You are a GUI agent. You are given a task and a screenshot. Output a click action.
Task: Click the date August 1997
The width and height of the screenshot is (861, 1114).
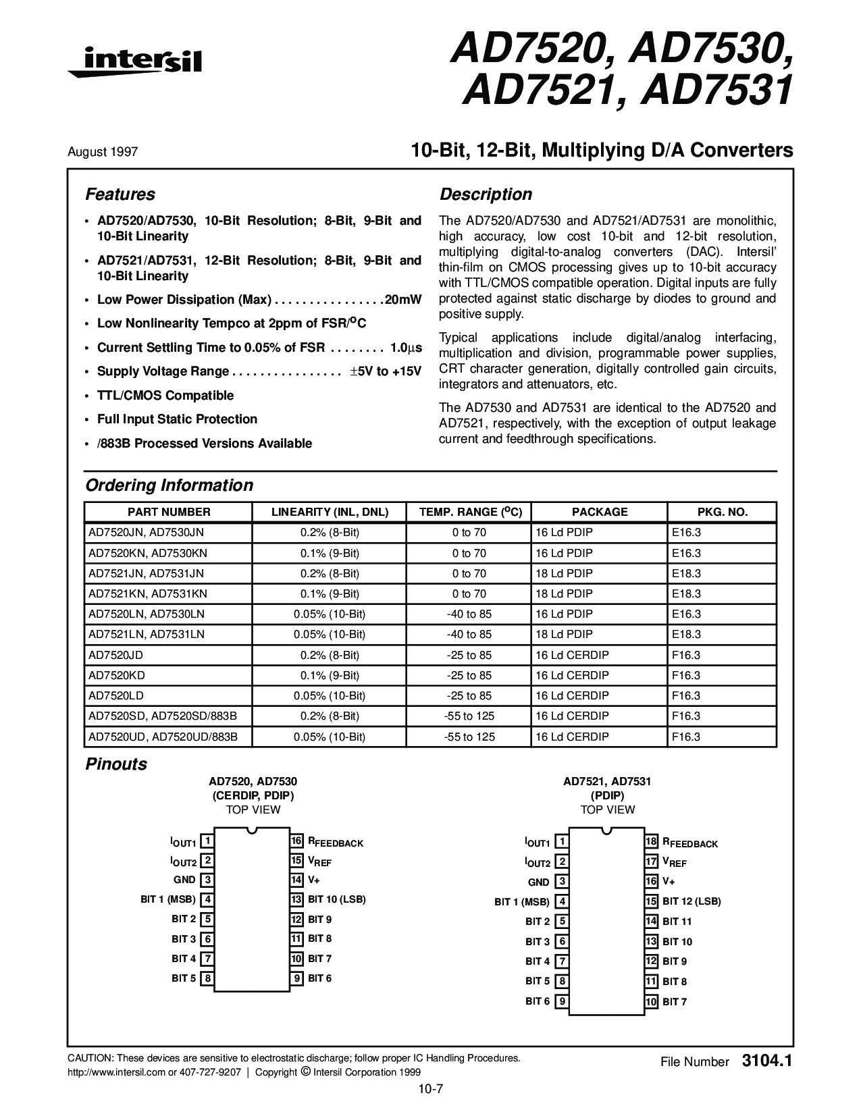(103, 152)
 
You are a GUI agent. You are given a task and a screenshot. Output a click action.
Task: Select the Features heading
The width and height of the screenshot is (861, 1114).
(120, 194)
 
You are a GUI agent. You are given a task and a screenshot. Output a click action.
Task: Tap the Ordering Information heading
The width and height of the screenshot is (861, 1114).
(169, 485)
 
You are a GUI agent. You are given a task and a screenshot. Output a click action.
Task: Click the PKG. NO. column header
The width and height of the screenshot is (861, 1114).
(722, 512)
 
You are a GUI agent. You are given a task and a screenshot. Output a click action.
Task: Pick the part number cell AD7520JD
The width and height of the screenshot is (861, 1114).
(115, 655)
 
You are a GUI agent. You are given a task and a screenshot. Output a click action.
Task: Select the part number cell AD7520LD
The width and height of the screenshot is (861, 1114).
(115, 695)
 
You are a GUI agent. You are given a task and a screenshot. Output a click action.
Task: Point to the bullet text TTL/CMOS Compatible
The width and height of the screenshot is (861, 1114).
(165, 395)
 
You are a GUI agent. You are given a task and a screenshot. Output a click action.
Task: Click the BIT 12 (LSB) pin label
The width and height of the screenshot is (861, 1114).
(692, 901)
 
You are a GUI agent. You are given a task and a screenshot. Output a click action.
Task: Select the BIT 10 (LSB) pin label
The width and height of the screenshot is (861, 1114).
(336, 899)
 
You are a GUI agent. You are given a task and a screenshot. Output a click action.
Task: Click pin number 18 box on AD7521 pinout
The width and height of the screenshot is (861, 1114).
(651, 842)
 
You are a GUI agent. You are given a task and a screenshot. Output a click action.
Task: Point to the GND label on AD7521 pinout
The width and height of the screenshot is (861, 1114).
(538, 882)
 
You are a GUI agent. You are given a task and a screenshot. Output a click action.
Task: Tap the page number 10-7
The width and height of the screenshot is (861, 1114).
(430, 1088)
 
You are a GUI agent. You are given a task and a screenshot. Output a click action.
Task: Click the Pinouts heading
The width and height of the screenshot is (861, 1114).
(115, 764)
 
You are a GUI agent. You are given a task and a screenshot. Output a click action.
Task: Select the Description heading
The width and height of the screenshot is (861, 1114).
(486, 194)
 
